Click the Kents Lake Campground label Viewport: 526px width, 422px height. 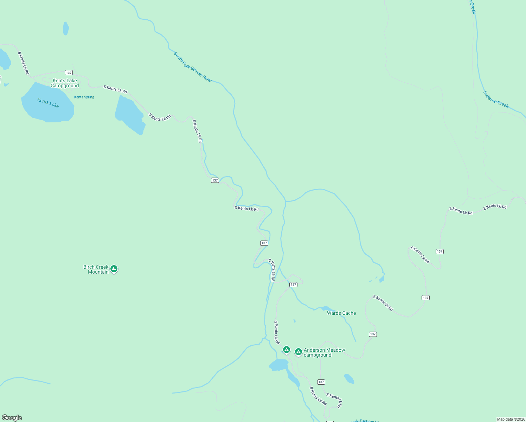coord(65,83)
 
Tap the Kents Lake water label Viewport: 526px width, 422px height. coord(48,103)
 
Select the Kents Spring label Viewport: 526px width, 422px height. coord(84,97)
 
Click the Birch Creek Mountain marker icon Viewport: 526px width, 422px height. coord(114,269)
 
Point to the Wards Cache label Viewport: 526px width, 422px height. coord(341,313)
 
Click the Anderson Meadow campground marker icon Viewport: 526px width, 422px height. coord(298,352)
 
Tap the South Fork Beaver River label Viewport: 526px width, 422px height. coord(193,67)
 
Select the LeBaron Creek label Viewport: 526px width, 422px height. coord(495,100)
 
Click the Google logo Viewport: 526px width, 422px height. coord(12,418)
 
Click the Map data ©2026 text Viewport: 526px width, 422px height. coord(511,419)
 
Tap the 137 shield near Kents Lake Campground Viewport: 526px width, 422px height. coord(69,73)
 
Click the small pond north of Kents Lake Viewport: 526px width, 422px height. coord(66,28)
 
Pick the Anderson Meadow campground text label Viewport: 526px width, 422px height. coord(324,352)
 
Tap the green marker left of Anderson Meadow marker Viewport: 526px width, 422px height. coord(286,350)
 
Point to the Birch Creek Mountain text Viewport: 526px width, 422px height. coord(96,269)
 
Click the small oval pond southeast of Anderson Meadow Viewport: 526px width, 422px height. coord(349,379)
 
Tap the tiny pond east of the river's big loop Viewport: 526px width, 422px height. coord(382,280)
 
